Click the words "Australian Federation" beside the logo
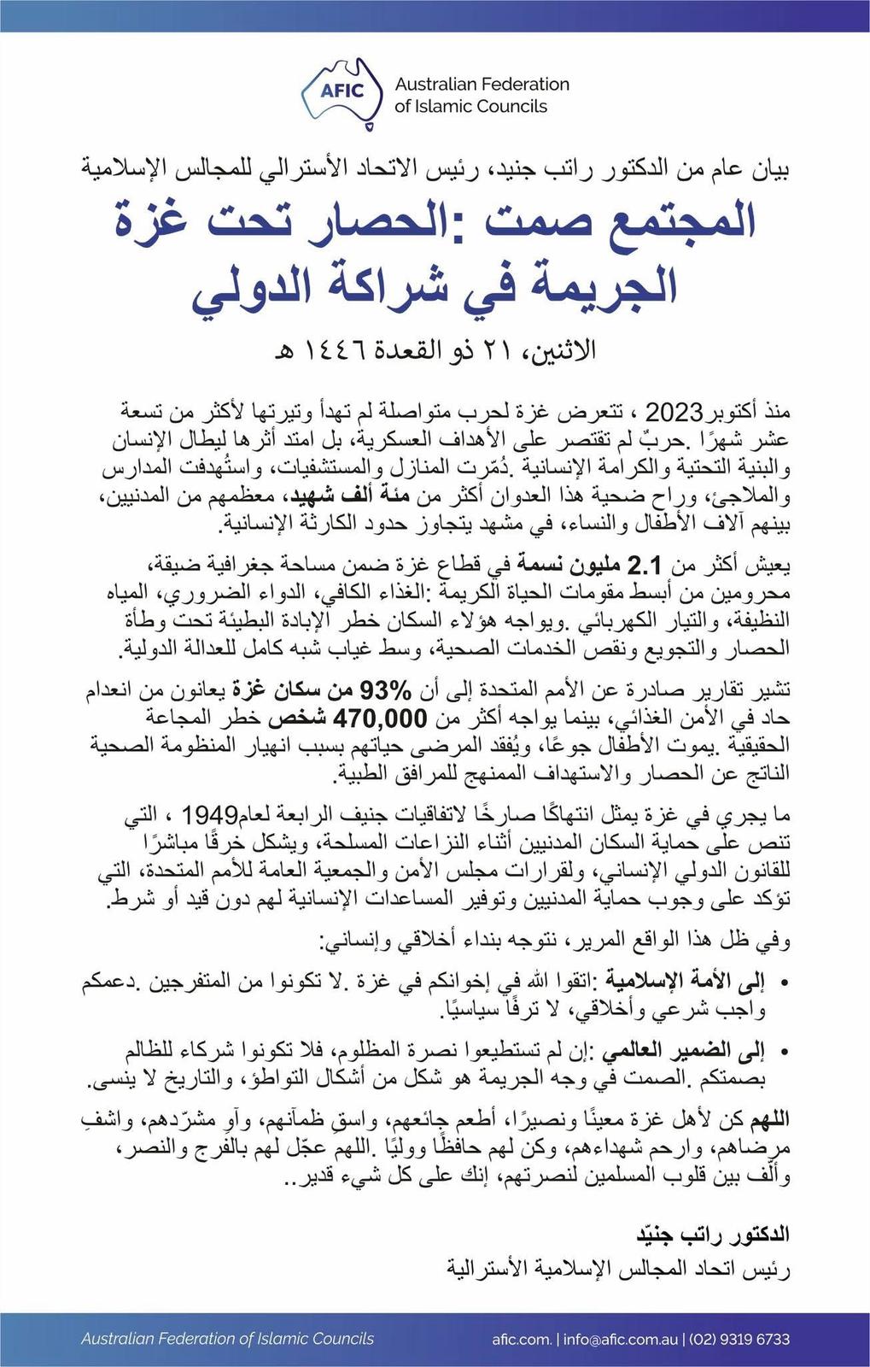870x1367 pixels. point(482,85)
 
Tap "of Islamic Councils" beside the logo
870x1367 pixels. point(470,107)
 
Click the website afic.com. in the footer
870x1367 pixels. point(522,1339)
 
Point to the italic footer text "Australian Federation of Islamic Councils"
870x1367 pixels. point(227,1339)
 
